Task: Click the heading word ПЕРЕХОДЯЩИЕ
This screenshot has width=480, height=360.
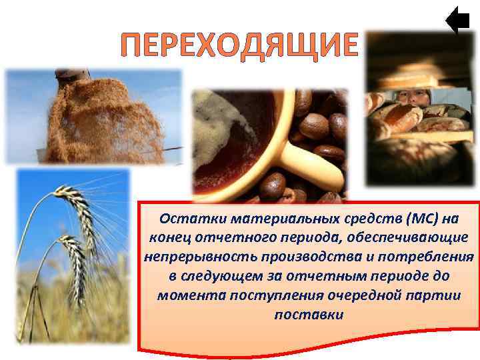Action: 239,45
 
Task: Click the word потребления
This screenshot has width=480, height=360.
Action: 421,257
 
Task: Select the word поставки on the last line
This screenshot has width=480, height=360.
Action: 309,313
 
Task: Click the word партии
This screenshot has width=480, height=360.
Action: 433,295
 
